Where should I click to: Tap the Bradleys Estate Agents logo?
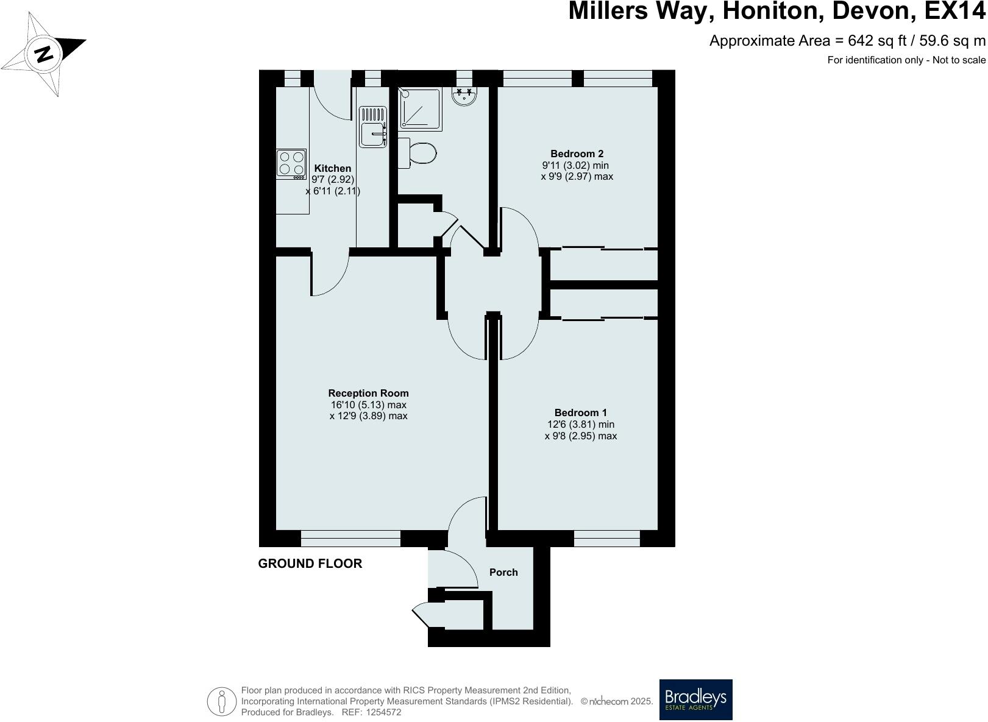tap(695, 699)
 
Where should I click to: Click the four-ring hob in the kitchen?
tap(291, 164)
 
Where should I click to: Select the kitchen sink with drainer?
tap(373, 127)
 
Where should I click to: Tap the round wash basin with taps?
tap(464, 96)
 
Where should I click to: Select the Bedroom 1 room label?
tap(580, 412)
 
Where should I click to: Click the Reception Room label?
tap(368, 393)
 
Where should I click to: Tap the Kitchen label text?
tap(332, 168)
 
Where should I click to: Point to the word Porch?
tap(503, 572)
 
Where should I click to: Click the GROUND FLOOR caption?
tap(310, 564)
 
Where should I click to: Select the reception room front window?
tap(350, 538)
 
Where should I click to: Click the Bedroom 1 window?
tap(606, 538)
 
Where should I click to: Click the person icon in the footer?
tap(222, 701)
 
